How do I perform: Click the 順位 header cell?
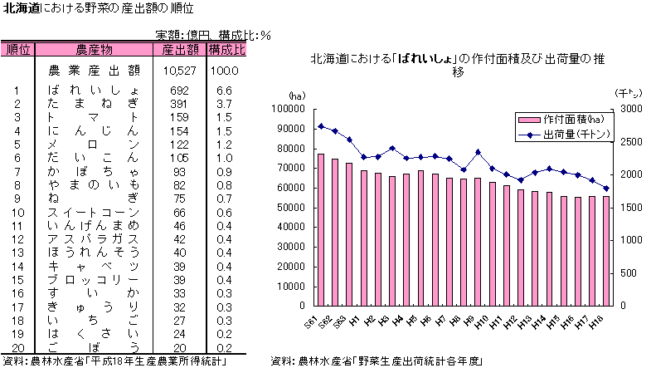click(x=17, y=50)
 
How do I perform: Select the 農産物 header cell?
click(x=94, y=50)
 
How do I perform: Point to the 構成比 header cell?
click(x=226, y=50)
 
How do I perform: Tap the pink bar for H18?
click(x=605, y=251)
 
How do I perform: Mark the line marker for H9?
click(x=478, y=152)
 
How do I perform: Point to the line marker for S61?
click(x=320, y=126)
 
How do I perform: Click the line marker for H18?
click(x=605, y=189)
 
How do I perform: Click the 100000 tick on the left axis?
click(x=291, y=109)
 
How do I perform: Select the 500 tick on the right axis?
click(x=628, y=273)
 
